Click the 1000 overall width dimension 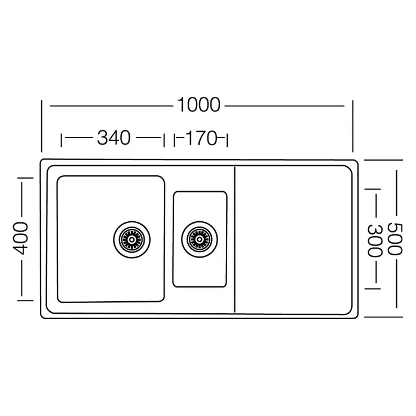(x=198, y=105)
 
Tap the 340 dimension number (x=114, y=137)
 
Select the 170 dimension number (x=201, y=138)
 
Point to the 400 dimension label (x=20, y=238)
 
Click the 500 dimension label (x=395, y=238)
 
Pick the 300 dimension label (x=375, y=240)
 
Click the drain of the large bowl (x=131, y=239)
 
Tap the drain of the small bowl (x=200, y=239)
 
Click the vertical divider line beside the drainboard (x=235, y=239)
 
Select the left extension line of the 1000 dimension (x=42, y=126)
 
